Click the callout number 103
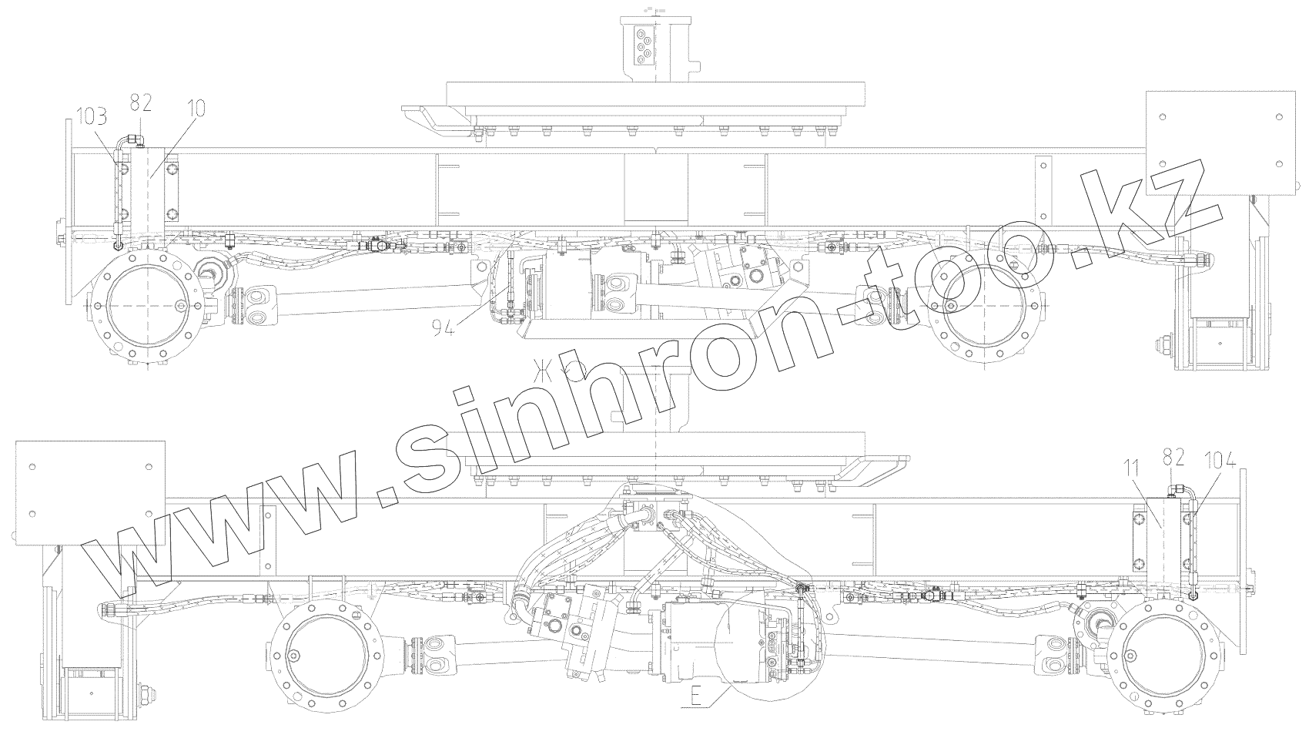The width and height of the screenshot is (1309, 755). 93,118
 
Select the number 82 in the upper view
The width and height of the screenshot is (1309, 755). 140,103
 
